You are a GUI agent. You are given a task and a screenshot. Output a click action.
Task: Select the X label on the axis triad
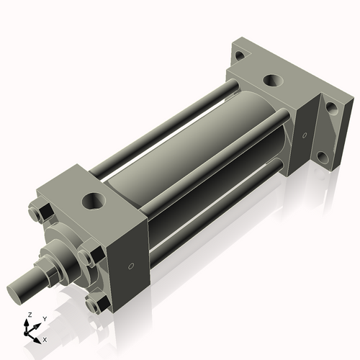pos(45,338)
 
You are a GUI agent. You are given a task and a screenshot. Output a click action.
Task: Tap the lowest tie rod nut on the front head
pos(91,305)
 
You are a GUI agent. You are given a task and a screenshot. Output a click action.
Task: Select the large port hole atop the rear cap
pos(272,81)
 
